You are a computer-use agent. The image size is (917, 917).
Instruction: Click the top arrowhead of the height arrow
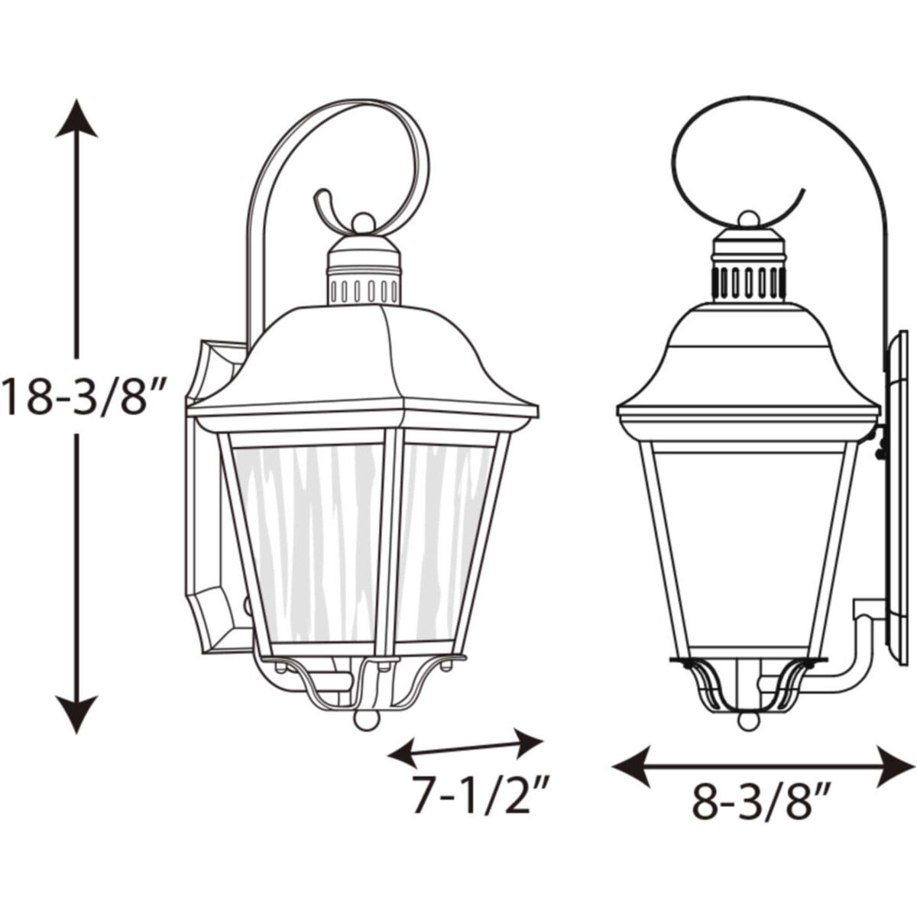pyautogui.click(x=76, y=118)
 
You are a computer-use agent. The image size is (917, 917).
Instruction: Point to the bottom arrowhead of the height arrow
pyautogui.click(x=76, y=714)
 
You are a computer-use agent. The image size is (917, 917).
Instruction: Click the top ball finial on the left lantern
pyautogui.click(x=364, y=223)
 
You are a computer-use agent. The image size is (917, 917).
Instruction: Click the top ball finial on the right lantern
pyautogui.click(x=749, y=220)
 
